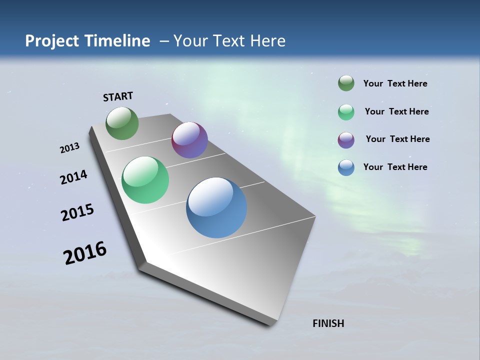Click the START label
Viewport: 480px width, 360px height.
(118, 96)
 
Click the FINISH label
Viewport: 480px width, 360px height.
(328, 323)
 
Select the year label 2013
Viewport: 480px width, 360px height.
(70, 148)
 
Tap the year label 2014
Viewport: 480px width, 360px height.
(74, 177)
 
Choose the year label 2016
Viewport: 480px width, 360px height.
(85, 253)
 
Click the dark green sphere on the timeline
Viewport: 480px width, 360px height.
(122, 123)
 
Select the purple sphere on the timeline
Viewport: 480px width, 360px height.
(189, 140)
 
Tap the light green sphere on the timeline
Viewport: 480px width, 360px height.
(145, 180)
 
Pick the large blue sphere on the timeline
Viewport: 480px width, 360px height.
(216, 207)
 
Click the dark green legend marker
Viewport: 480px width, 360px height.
(346, 83)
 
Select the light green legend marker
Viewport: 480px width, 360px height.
(346, 112)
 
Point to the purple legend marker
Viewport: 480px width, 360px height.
(346, 140)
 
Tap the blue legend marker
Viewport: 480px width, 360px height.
(346, 167)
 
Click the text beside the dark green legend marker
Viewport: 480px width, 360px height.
(395, 83)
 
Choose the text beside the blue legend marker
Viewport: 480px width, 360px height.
(395, 167)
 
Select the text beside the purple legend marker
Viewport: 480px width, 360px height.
(397, 139)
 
